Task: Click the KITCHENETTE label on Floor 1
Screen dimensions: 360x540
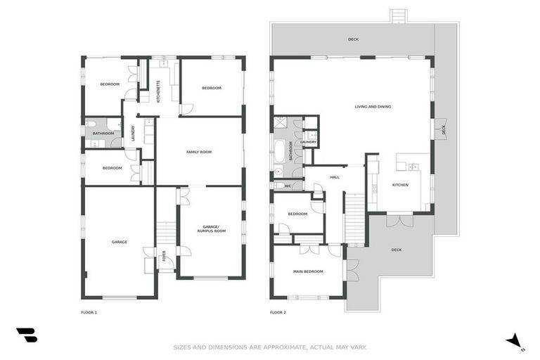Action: tap(158, 91)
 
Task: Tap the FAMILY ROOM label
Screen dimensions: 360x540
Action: tap(199, 152)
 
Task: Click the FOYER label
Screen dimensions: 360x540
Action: tap(164, 256)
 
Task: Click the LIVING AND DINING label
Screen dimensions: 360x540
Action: tap(373, 107)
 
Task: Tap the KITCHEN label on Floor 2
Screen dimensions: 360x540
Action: tap(399, 185)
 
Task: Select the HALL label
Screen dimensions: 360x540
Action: tap(335, 177)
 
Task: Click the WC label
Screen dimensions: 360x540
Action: tap(288, 186)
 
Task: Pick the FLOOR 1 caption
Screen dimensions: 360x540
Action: tap(89, 312)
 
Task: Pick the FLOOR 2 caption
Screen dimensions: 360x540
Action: tap(278, 312)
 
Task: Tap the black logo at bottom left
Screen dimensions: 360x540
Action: tap(27, 335)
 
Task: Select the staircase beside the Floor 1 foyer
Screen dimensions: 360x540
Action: tap(166, 231)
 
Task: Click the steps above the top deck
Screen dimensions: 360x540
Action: tap(399, 15)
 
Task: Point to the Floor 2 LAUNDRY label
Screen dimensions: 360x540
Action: tap(308, 142)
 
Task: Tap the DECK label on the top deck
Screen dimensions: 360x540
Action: tap(353, 39)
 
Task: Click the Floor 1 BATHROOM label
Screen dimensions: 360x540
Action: tap(103, 134)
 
